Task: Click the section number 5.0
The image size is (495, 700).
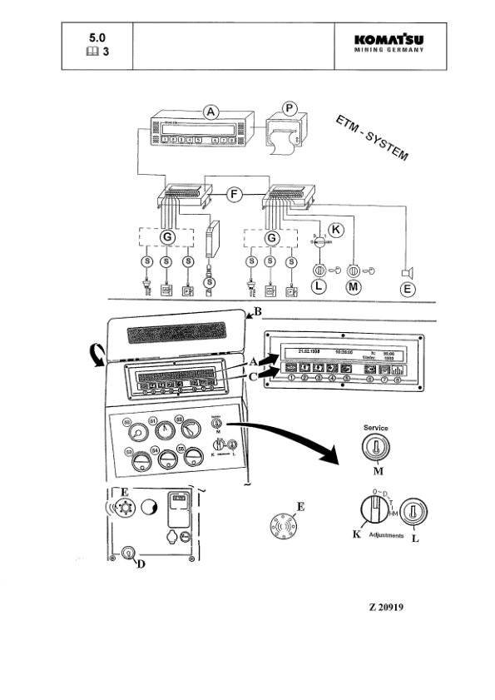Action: click(x=98, y=37)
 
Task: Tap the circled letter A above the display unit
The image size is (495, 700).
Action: click(x=211, y=112)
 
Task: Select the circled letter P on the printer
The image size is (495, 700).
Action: click(x=289, y=109)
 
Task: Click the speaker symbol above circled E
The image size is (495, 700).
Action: click(x=406, y=271)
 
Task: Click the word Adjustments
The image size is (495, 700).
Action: click(x=384, y=536)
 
